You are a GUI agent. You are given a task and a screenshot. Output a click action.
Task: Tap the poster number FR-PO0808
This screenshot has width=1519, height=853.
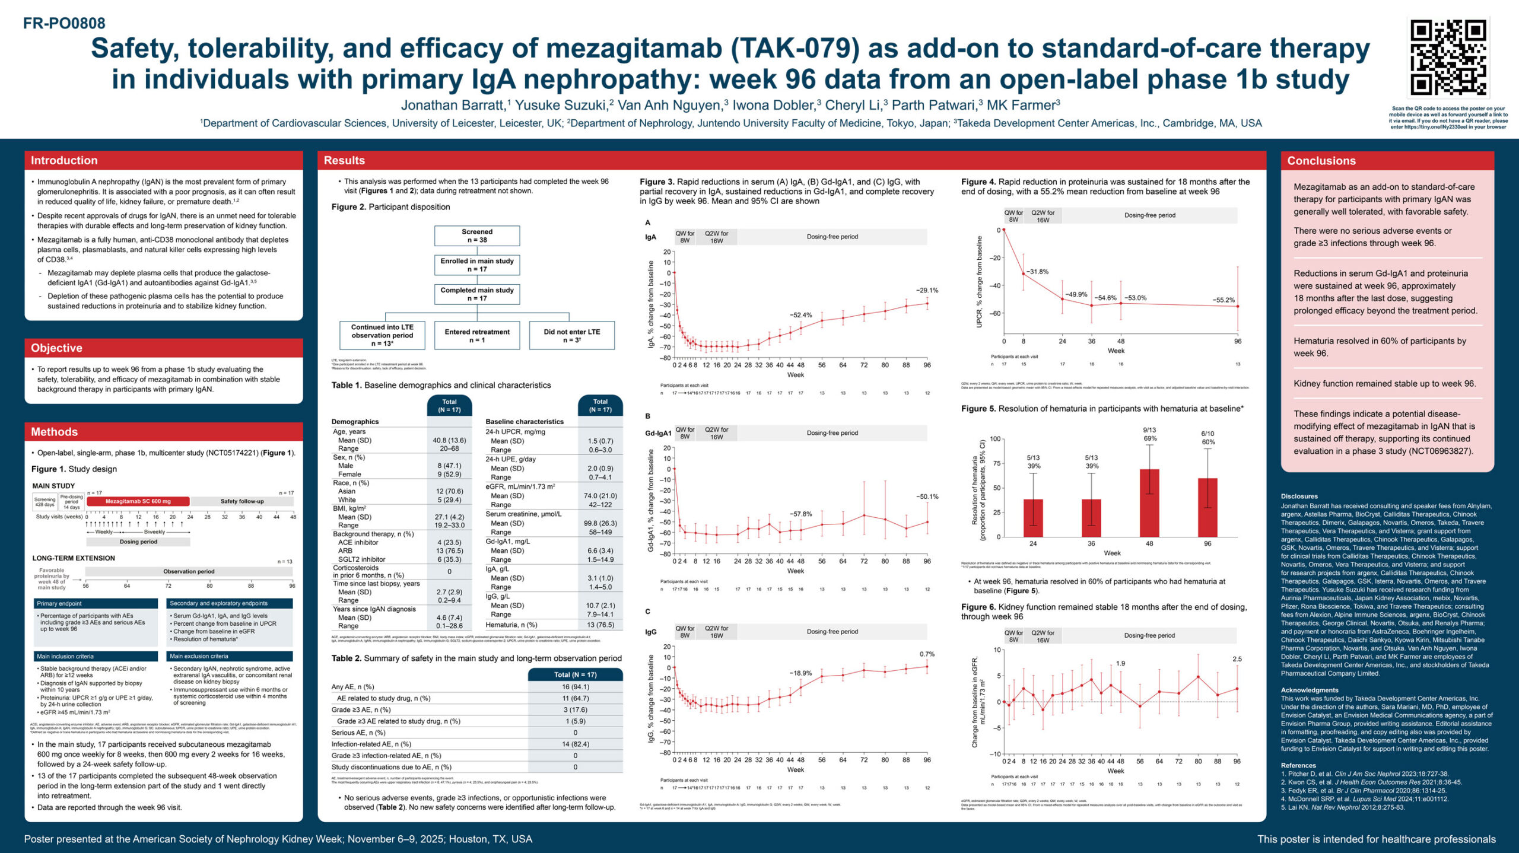coord(64,23)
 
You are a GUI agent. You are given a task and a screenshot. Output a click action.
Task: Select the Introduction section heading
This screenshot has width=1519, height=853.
coord(64,160)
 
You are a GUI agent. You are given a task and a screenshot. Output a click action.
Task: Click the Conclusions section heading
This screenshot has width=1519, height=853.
coord(1321,161)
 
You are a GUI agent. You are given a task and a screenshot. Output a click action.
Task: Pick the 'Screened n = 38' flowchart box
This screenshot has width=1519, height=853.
coord(476,235)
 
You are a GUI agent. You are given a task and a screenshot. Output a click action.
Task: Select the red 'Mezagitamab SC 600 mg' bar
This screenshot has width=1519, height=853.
coord(138,501)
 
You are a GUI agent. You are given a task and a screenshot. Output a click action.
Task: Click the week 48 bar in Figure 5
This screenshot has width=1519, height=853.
coord(1149,503)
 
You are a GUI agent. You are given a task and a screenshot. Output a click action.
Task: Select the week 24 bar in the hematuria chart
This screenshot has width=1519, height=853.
coord(1033,518)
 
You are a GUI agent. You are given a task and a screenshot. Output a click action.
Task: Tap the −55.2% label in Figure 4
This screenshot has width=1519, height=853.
coord(1223,300)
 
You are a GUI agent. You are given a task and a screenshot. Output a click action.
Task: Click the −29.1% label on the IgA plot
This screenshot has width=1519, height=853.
coord(927,291)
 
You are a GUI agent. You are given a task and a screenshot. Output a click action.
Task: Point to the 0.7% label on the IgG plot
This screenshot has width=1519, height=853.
coord(927,654)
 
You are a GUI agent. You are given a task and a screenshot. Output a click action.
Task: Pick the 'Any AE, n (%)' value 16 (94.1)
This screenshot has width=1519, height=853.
coord(575,687)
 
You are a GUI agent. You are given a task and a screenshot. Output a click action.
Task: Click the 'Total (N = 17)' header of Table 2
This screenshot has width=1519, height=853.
coord(575,674)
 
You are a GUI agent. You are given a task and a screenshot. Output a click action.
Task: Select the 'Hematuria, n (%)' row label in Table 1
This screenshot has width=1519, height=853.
coord(511,625)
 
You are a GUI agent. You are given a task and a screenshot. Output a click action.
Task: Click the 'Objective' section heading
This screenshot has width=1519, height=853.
coord(56,348)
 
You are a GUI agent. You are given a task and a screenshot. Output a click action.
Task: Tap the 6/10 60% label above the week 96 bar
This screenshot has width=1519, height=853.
coord(1207,438)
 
